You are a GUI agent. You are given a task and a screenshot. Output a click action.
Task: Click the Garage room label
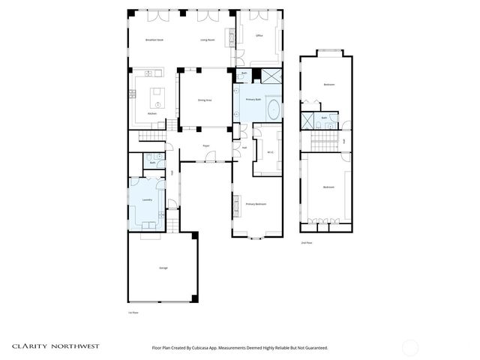click(x=163, y=268)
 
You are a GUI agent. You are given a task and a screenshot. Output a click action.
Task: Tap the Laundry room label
click(x=148, y=200)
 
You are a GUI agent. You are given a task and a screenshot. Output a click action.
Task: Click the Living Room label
click(x=208, y=39)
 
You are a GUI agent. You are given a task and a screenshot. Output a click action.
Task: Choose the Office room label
click(x=259, y=35)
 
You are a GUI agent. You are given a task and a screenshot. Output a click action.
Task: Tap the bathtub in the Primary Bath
click(x=273, y=109)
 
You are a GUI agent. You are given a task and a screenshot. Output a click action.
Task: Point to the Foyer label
click(x=205, y=145)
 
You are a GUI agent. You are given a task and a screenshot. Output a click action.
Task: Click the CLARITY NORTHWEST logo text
click(x=55, y=346)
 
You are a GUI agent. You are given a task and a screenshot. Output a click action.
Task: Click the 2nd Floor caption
click(x=306, y=243)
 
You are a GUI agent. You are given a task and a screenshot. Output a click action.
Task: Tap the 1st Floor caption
click(x=133, y=312)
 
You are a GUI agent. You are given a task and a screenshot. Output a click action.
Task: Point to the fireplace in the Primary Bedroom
click(x=236, y=204)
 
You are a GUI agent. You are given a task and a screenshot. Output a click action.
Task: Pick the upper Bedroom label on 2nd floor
click(x=328, y=85)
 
